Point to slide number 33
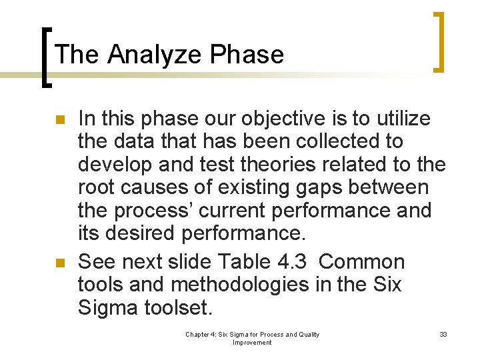[443, 335]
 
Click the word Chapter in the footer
[198, 335]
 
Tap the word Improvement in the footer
[252, 343]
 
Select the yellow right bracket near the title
[439, 41]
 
